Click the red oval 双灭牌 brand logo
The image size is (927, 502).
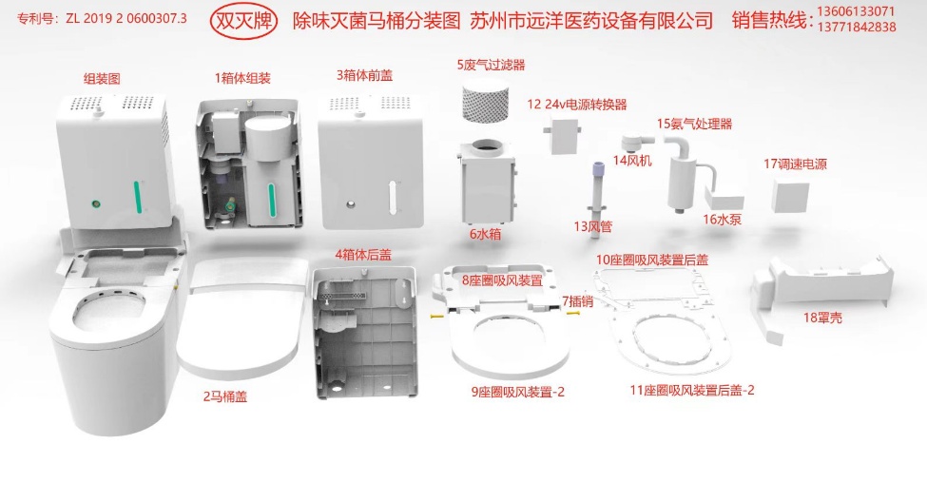click(243, 21)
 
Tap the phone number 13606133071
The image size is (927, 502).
click(856, 11)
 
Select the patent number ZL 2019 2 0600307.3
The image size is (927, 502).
click(126, 18)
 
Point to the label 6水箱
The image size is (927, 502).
click(486, 234)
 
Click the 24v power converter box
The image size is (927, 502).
click(561, 134)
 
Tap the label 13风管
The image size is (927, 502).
click(593, 226)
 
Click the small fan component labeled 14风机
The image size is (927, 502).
click(636, 143)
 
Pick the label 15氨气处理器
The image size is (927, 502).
click(695, 125)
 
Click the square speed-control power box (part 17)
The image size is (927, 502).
click(790, 196)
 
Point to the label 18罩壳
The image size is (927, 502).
click(822, 318)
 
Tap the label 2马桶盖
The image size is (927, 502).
click(225, 396)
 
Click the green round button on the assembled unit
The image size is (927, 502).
click(94, 204)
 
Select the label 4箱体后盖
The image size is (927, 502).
click(363, 255)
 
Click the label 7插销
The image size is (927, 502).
click(578, 301)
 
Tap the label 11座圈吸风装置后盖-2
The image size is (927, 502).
click(692, 390)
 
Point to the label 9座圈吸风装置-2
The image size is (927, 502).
click(517, 392)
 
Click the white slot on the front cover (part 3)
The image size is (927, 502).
click(391, 197)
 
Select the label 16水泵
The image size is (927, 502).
click(722, 220)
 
